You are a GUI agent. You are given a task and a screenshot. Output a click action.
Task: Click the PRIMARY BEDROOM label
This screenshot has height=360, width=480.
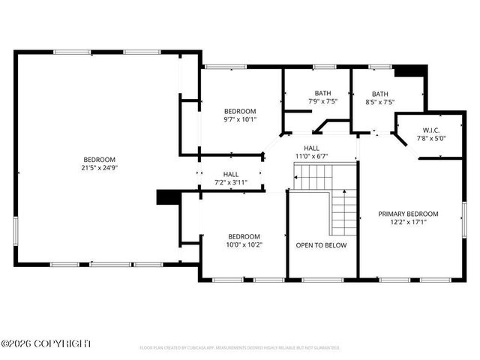tap(408, 214)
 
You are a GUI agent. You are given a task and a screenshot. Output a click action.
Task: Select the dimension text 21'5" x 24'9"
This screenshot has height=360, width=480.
tap(100, 168)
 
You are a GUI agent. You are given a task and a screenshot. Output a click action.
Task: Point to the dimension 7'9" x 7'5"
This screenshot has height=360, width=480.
tap(322, 101)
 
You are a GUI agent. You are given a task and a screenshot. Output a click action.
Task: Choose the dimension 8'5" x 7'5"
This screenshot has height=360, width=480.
tap(379, 101)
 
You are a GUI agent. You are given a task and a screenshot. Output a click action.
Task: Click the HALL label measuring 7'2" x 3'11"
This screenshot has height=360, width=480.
tap(230, 182)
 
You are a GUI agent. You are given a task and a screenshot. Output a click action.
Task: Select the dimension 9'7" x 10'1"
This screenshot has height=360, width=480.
tap(240, 119)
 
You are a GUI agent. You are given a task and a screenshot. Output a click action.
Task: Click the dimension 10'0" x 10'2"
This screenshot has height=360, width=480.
tap(244, 244)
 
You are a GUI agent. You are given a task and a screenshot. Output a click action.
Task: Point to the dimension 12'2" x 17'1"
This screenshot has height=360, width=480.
tap(408, 222)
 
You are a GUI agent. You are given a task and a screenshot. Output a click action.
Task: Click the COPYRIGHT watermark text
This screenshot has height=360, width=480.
tap(46, 343)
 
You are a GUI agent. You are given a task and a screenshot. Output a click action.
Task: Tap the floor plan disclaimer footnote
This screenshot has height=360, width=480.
tap(240, 348)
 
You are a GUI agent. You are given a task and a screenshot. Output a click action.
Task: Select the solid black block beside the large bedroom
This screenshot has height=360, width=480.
tap(165, 196)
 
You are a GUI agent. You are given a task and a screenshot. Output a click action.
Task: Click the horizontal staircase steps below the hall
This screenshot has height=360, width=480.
tap(313, 178)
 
